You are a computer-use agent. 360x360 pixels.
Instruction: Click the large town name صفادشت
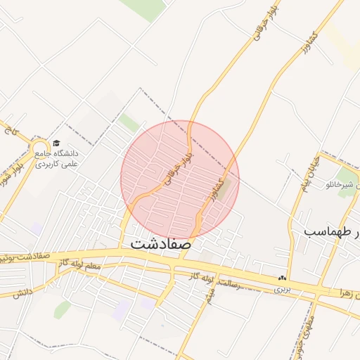click(160, 243)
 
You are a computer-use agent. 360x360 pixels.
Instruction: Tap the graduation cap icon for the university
click(57, 143)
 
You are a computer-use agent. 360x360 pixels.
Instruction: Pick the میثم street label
click(209, 297)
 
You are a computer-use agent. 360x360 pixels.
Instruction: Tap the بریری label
click(281, 289)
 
